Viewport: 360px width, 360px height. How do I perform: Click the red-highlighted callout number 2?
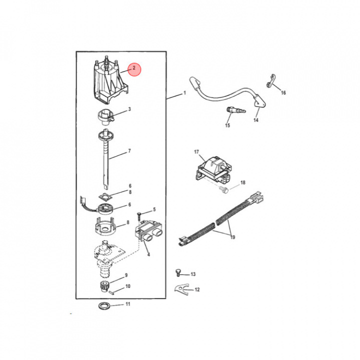[x=134, y=68]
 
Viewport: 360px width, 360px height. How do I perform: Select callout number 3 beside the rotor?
[x=129, y=109]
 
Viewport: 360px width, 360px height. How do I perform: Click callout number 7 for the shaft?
[x=129, y=151]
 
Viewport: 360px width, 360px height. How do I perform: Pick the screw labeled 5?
[x=139, y=216]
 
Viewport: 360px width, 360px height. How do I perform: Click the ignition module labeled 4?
[x=148, y=231]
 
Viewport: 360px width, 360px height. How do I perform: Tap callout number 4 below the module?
[x=148, y=254]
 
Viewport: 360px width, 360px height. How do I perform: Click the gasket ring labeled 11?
[x=104, y=306]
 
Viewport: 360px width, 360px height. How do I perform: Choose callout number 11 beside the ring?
[x=128, y=304]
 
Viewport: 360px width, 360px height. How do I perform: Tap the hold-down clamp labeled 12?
[x=181, y=288]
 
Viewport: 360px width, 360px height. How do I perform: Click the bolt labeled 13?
[x=177, y=273]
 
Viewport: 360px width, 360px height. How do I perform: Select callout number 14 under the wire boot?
[x=256, y=120]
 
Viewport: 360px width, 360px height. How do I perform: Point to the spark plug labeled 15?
[x=236, y=110]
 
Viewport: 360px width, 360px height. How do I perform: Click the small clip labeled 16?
[x=271, y=81]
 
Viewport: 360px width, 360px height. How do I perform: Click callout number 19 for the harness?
[x=232, y=237]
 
